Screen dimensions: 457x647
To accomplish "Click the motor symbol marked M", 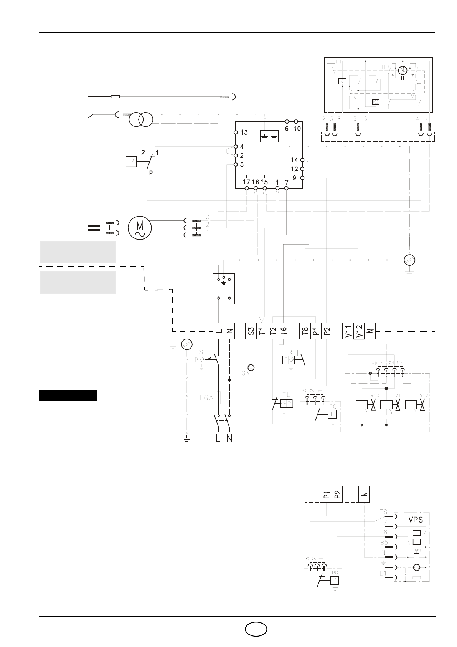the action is pyautogui.click(x=140, y=228).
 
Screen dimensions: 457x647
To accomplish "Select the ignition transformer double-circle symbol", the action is pyautogui.click(x=141, y=120).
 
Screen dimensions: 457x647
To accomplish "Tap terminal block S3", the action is pyautogui.click(x=251, y=331).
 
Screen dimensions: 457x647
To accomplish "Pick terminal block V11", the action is pyautogui.click(x=348, y=331).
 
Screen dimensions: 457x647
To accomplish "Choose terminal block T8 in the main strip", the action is pyautogui.click(x=305, y=331).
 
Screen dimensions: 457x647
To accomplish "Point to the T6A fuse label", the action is pyautogui.click(x=206, y=398).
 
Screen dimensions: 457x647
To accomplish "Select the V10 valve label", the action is pyautogui.click(x=375, y=395).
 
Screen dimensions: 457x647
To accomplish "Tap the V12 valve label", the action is pyautogui.click(x=424, y=395).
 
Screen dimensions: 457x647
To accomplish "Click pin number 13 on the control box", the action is pyautogui.click(x=244, y=132).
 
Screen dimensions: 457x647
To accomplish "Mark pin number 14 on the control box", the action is pyautogui.click(x=294, y=160).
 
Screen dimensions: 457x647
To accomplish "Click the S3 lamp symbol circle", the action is pyautogui.click(x=251, y=367).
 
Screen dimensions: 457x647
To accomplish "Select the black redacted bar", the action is pyautogui.click(x=68, y=395).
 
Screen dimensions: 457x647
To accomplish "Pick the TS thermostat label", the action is pyautogui.click(x=199, y=352).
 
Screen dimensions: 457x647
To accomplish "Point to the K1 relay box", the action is pyautogui.click(x=342, y=81).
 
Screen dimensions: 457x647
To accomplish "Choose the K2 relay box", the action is pyautogui.click(x=376, y=102).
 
